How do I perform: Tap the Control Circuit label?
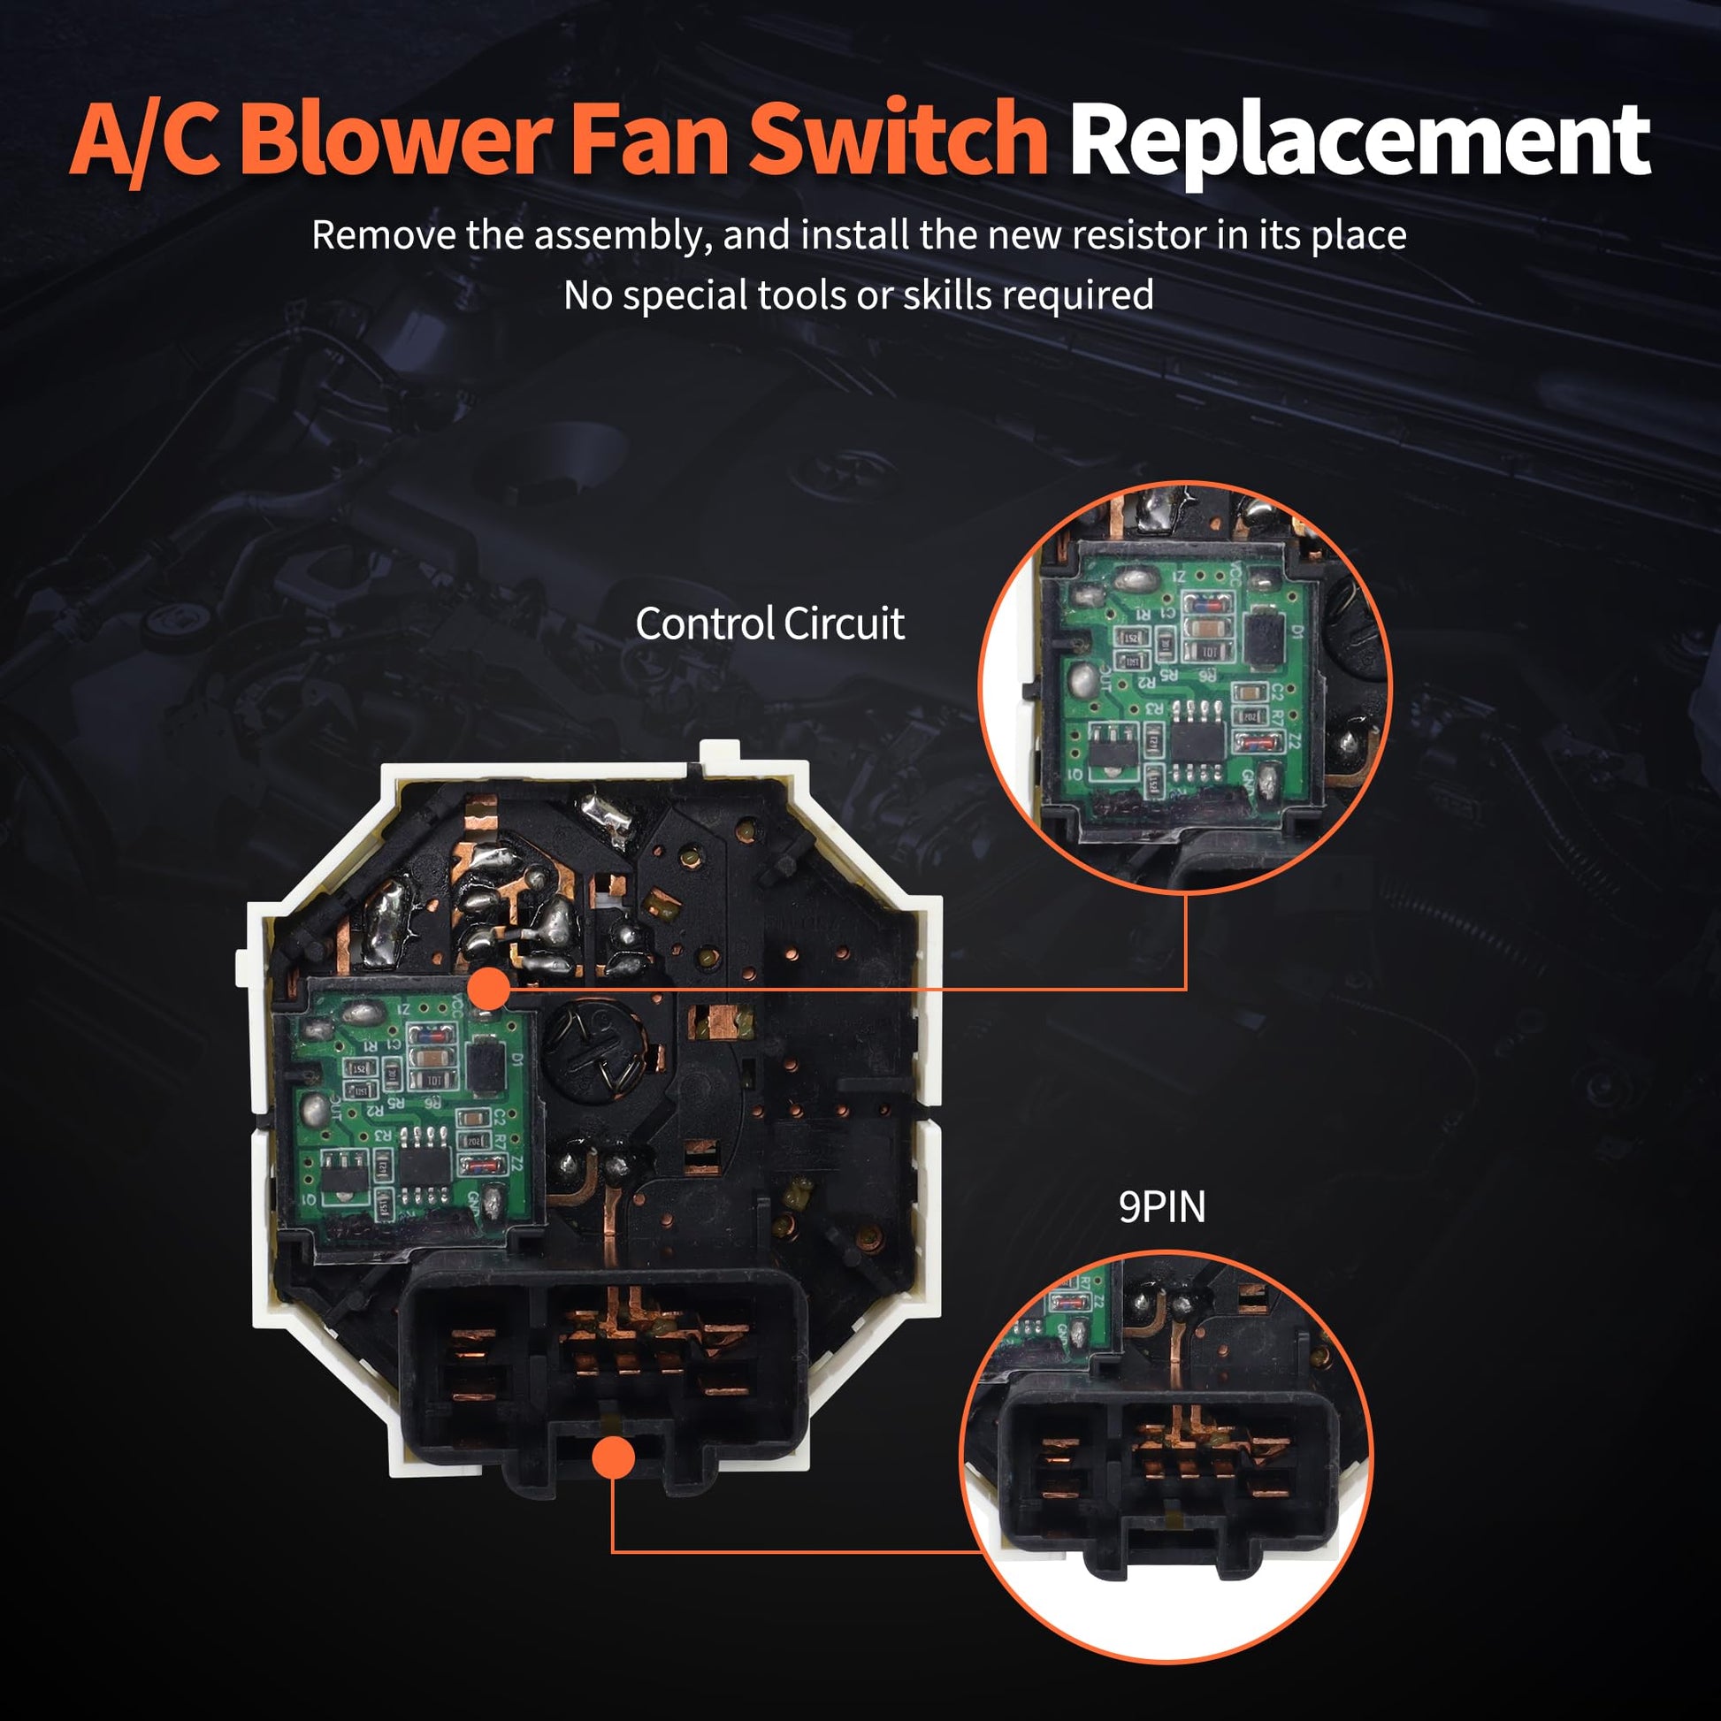point(769,623)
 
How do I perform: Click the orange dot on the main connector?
point(613,1457)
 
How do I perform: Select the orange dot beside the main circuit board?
point(487,989)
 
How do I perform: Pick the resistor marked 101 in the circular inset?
point(1208,651)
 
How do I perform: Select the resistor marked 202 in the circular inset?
point(1250,715)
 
